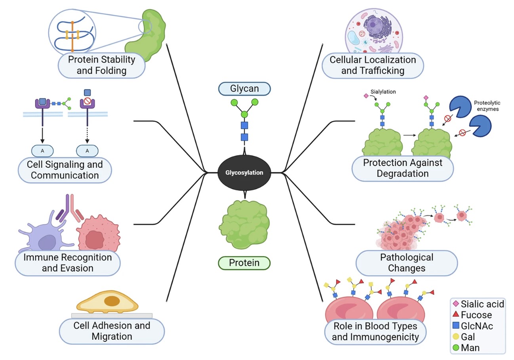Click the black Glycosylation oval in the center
coord(244,173)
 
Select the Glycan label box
coord(244,89)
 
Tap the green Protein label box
coord(244,263)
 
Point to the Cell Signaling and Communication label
coord(65,170)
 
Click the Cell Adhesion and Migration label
coord(112,331)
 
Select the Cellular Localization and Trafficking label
coord(373,65)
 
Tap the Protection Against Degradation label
coord(402,168)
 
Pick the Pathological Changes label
coord(407,263)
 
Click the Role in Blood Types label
coord(375,332)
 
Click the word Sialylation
coord(383,91)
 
